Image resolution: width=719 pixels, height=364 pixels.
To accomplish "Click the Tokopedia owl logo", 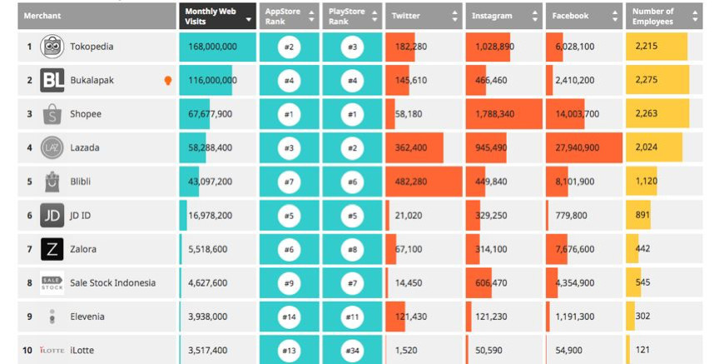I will point(52,47).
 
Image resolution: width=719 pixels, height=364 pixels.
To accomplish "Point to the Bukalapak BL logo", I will point(52,81).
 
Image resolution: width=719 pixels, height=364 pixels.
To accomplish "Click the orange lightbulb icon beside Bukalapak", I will point(167,81).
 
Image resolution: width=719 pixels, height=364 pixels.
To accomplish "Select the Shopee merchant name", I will point(86,114).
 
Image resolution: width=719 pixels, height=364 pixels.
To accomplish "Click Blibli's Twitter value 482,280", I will point(411,182).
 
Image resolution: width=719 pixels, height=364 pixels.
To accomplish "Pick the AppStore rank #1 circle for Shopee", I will point(289,114).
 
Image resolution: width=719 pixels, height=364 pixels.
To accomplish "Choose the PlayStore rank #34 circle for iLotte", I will point(352,351).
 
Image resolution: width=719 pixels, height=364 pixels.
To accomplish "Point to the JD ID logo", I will point(52,216).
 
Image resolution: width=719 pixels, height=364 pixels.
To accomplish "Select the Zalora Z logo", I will point(52,249).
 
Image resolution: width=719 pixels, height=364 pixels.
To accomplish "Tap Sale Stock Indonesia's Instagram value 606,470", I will point(491,283).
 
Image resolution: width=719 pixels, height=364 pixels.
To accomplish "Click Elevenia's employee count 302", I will point(643,317).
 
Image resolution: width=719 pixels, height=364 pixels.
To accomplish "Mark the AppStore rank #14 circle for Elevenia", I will point(289,317).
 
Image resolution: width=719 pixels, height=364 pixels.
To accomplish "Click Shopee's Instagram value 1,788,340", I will point(494,114).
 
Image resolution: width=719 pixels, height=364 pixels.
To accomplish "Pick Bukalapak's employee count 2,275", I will point(647,81).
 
